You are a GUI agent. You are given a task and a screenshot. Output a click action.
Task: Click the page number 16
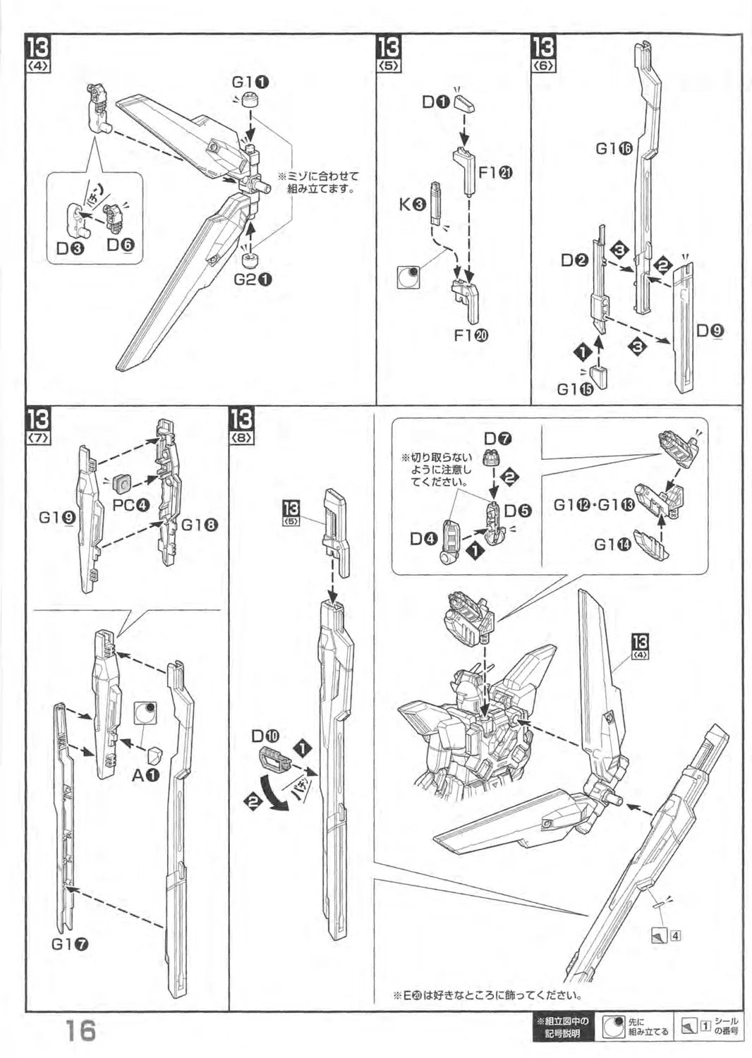(x=77, y=1031)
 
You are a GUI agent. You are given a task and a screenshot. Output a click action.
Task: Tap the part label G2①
(x=253, y=279)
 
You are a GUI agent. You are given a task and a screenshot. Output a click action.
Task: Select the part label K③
(x=412, y=205)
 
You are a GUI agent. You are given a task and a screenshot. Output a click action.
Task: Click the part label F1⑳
(x=471, y=335)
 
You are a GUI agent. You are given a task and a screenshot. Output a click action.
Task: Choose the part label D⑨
(x=709, y=330)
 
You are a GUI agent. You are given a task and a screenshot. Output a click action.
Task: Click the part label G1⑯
(x=614, y=148)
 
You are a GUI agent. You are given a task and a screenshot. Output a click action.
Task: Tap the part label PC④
(x=131, y=505)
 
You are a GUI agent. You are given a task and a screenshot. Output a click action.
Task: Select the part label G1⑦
(x=70, y=945)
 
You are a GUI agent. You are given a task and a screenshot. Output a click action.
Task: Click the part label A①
(x=145, y=774)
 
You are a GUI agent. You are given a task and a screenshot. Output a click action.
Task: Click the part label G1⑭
(x=612, y=545)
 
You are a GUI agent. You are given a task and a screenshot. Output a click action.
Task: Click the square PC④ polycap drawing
(x=123, y=483)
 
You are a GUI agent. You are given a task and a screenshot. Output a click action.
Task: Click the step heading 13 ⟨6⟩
(x=544, y=54)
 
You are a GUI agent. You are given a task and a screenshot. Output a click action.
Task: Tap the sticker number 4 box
(x=676, y=937)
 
